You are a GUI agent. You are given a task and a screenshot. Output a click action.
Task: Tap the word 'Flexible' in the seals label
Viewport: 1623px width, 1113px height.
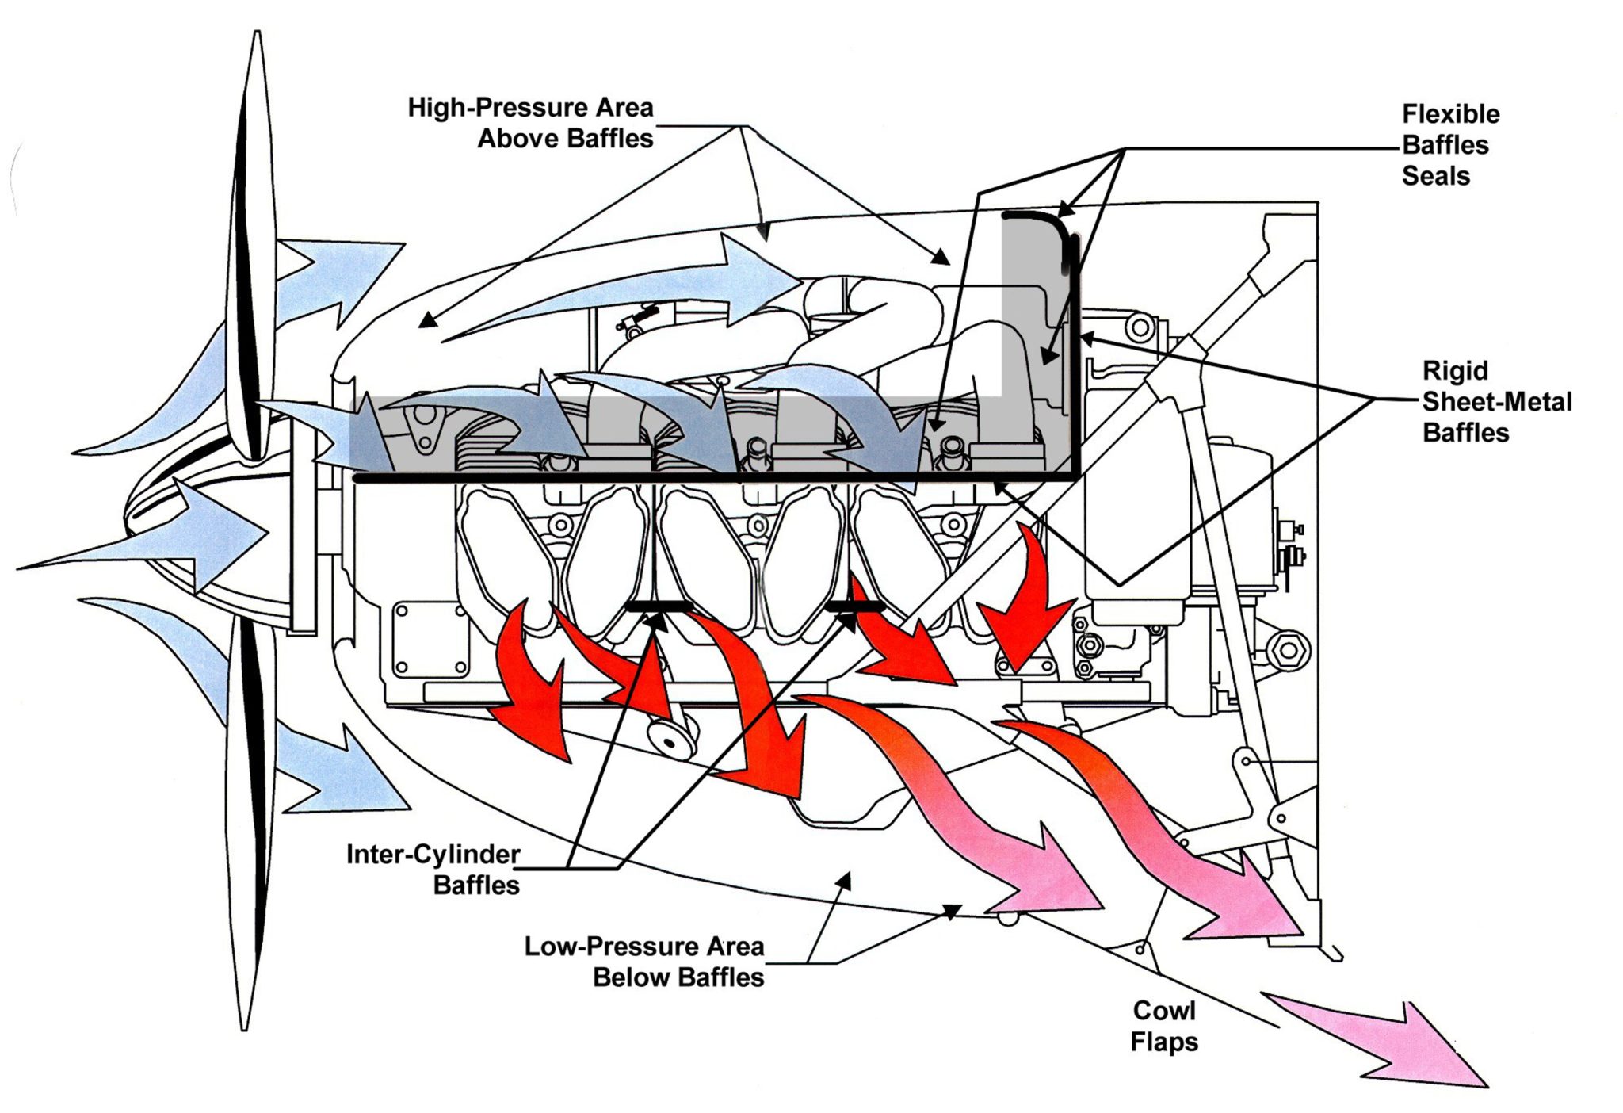[1450, 114]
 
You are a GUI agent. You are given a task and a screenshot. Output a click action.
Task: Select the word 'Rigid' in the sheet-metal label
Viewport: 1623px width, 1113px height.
[1455, 371]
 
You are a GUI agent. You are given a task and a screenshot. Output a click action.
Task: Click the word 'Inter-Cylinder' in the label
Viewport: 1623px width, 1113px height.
[433, 855]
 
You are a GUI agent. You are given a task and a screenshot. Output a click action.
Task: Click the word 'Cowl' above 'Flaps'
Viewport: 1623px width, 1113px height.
[1163, 1011]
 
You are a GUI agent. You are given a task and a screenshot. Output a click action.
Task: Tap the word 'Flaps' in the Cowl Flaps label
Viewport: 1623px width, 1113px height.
[1163, 1042]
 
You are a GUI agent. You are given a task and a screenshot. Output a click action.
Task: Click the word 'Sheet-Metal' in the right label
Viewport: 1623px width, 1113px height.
[1496, 402]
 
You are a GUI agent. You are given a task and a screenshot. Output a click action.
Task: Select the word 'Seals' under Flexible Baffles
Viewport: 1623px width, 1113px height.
[1435, 176]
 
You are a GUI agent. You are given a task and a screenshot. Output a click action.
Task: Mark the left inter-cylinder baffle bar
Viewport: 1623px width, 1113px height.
[659, 607]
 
